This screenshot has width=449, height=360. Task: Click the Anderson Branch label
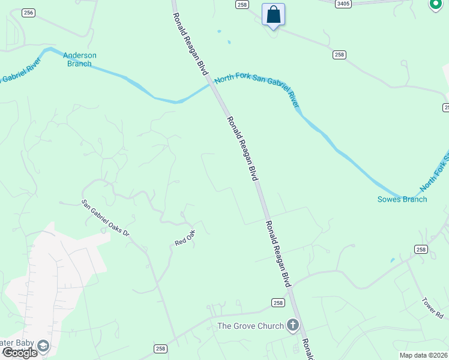point(79,59)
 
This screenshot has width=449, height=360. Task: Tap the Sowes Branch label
point(402,199)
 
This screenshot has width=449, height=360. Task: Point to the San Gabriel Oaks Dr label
point(106,217)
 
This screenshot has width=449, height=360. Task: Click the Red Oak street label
point(185,238)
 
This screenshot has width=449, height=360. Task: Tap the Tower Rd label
point(432,308)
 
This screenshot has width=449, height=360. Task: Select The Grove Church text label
point(250,326)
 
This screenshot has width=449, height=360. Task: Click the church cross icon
point(293,326)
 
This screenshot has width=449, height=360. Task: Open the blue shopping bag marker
point(274,14)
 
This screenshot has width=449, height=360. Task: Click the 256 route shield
point(28,13)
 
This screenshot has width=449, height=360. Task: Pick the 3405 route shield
point(343,4)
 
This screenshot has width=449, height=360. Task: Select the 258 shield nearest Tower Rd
point(421,250)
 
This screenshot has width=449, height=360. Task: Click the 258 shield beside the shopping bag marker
point(242,5)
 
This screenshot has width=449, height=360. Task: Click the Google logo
point(19,353)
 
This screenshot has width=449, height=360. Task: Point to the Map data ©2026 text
point(423,355)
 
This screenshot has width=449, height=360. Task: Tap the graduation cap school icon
point(43,346)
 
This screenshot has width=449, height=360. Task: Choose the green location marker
point(436,5)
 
